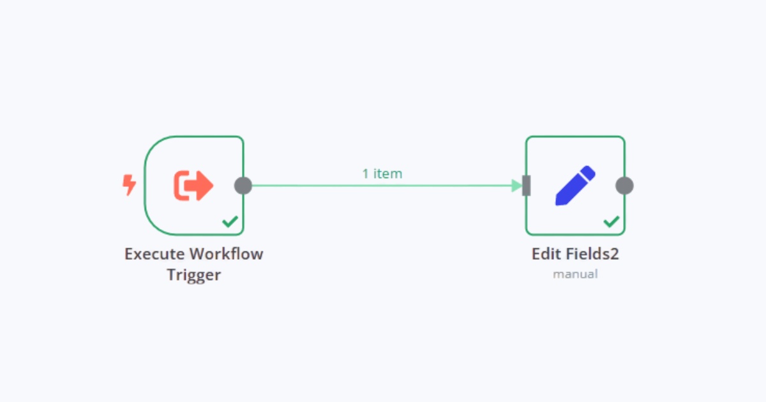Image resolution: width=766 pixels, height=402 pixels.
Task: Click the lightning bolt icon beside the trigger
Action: [x=129, y=186]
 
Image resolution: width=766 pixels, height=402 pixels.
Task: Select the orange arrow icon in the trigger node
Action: [x=193, y=186]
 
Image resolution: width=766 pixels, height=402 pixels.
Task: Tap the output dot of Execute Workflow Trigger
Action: [x=243, y=186]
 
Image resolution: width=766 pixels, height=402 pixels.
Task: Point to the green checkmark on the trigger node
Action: [x=230, y=221]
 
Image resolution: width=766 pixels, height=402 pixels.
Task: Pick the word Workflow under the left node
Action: [x=226, y=254]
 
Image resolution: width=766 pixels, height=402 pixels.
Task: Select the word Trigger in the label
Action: [x=194, y=276]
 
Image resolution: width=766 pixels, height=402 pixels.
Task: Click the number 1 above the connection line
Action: [x=366, y=173]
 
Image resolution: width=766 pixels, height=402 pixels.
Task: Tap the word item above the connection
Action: [x=388, y=173]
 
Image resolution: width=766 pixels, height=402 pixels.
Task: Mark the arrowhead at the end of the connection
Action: [x=517, y=186]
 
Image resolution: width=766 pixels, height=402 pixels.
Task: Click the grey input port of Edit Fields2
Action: [x=527, y=186]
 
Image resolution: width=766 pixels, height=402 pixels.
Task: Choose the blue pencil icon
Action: [x=575, y=186]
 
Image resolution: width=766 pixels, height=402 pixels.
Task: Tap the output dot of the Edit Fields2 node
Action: [x=624, y=186]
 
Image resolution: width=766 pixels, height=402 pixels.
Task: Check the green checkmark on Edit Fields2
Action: [x=612, y=221]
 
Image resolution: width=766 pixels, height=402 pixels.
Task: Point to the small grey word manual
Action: [x=575, y=274]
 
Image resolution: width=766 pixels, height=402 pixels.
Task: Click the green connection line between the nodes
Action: [x=383, y=186]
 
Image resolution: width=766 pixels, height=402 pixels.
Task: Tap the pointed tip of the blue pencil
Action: [x=559, y=202]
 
